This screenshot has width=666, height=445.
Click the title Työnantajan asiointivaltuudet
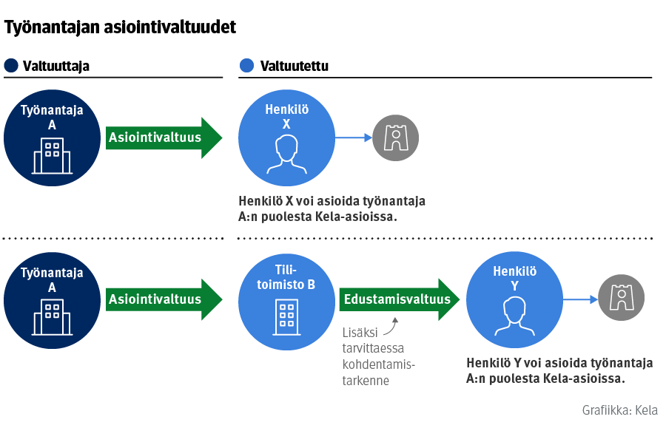click(x=121, y=28)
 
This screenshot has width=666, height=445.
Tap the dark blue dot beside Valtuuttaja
click(x=10, y=66)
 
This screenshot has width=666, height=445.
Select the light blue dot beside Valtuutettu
click(x=246, y=66)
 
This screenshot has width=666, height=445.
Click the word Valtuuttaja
click(x=56, y=66)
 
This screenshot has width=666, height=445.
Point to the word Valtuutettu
click(x=295, y=66)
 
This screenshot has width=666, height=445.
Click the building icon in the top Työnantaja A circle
click(x=52, y=155)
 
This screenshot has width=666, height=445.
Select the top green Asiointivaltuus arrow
click(x=163, y=137)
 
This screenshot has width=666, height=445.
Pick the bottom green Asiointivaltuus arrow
click(x=163, y=299)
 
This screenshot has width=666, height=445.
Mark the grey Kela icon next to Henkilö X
click(x=395, y=137)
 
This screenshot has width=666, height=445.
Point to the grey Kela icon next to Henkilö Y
click(x=622, y=298)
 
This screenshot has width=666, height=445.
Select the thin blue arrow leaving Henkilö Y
click(x=580, y=299)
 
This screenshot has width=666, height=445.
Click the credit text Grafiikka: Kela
click(x=619, y=410)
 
